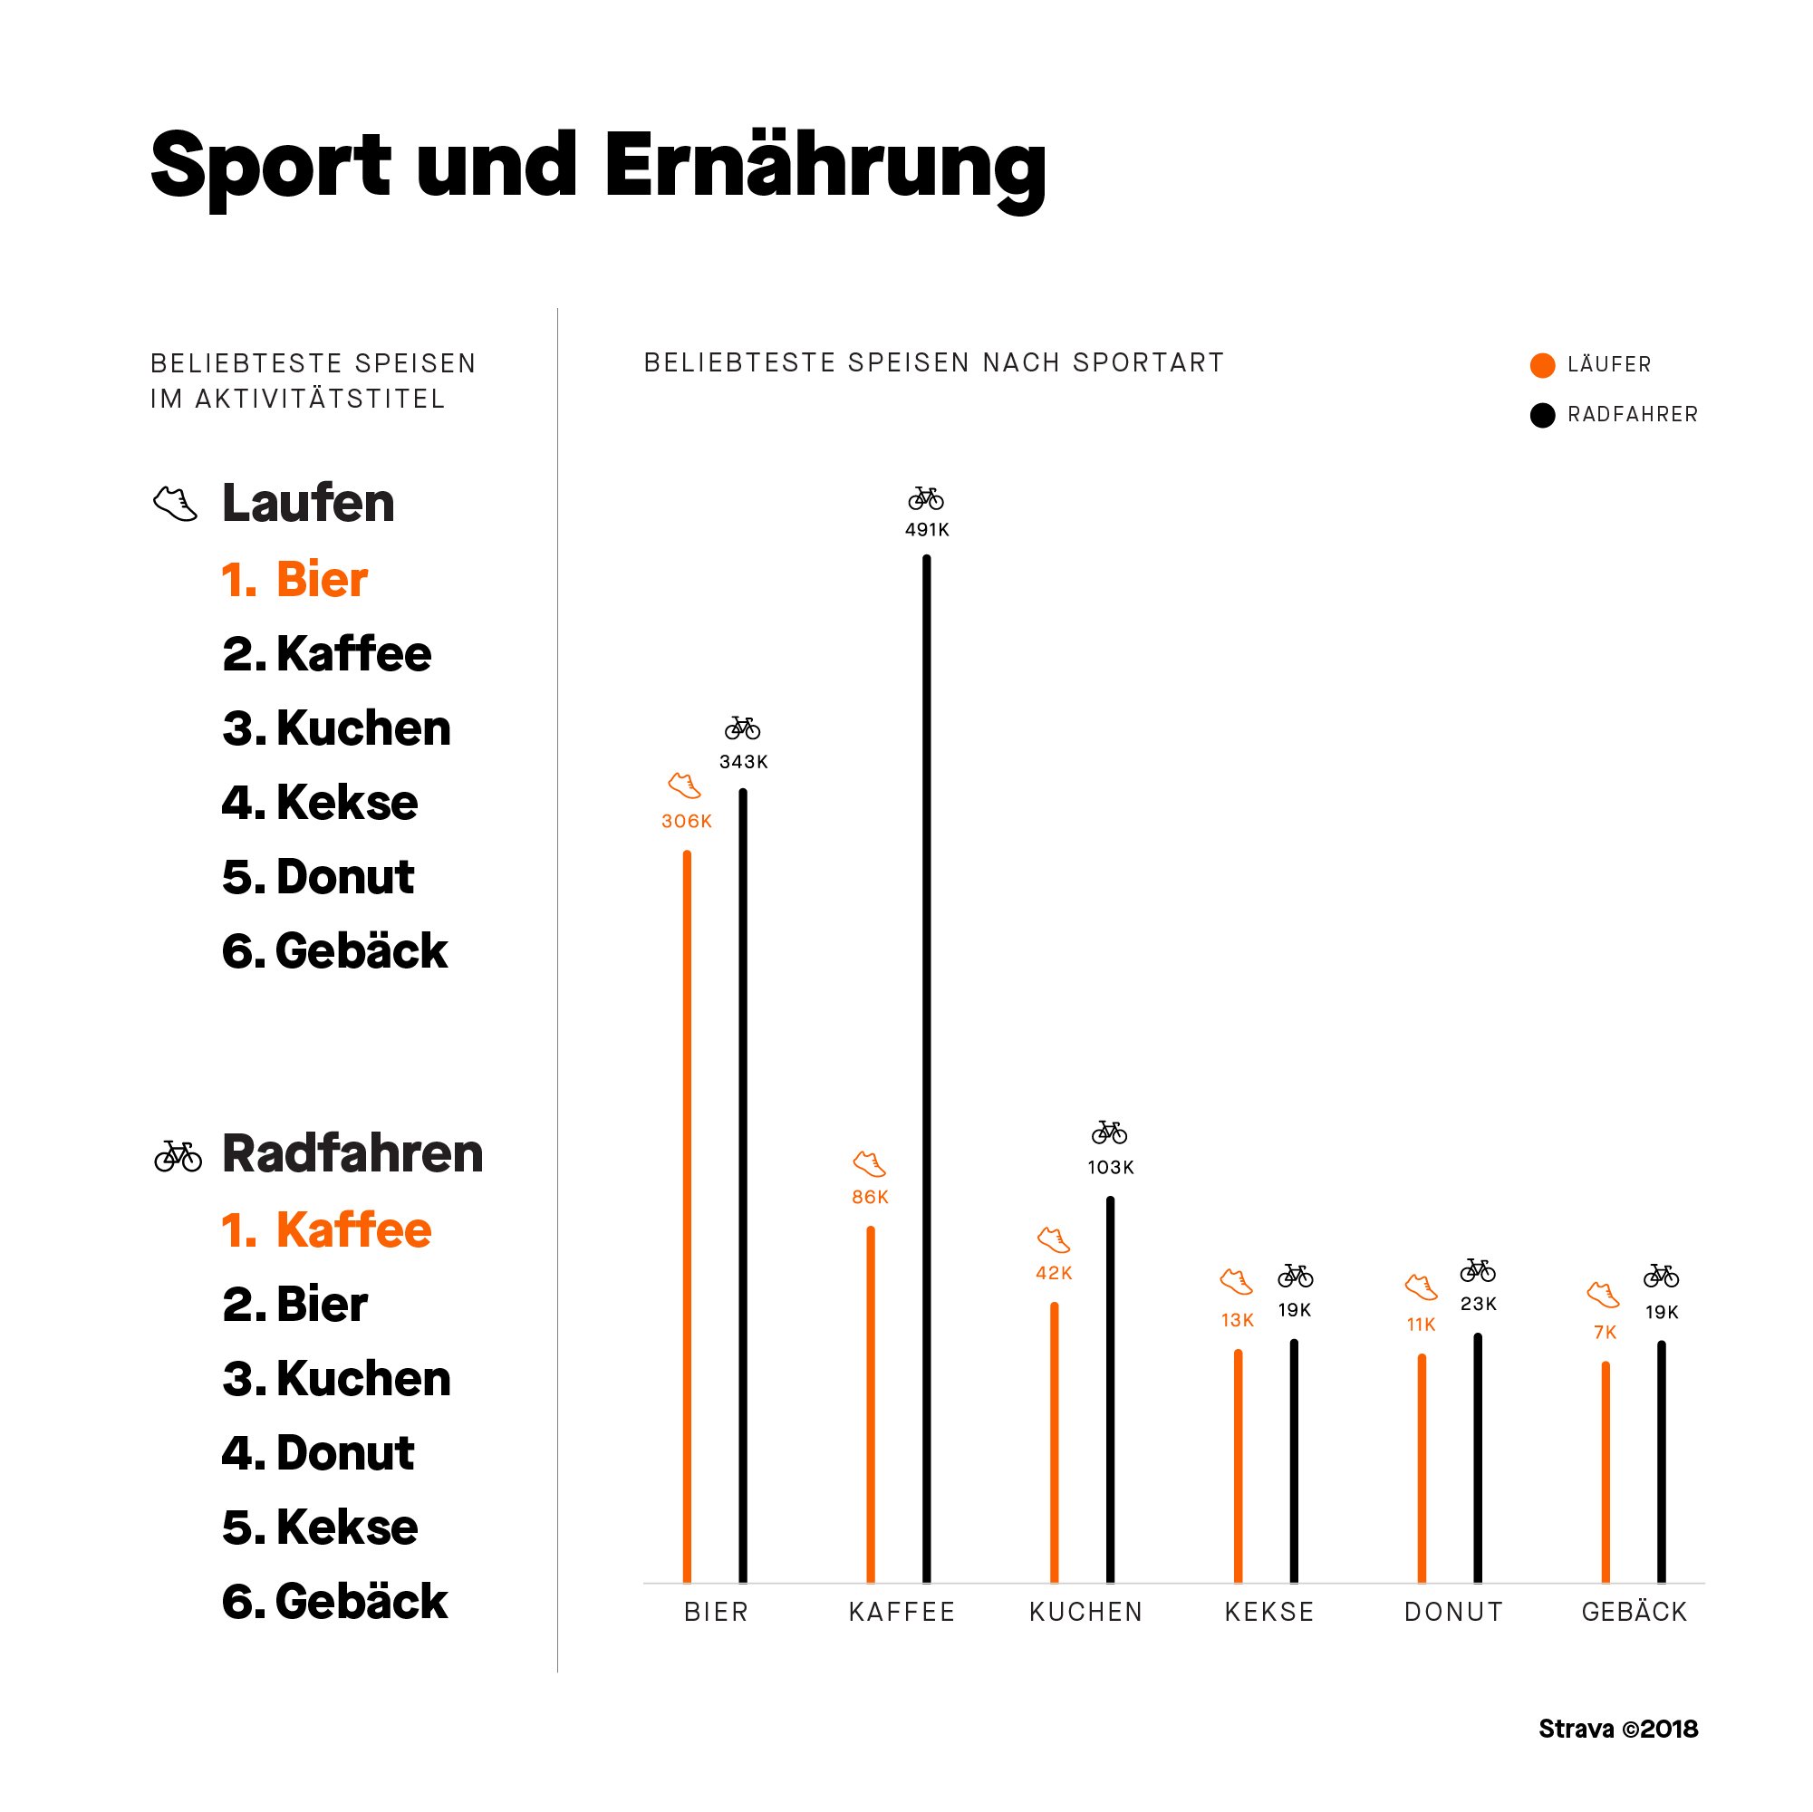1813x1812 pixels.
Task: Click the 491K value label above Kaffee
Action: (x=926, y=530)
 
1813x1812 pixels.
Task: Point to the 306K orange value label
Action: (x=687, y=822)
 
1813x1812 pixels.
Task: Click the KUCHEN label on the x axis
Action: (x=1085, y=1612)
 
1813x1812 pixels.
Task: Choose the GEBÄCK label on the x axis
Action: (x=1635, y=1612)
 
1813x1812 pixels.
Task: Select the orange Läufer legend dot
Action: (x=1542, y=366)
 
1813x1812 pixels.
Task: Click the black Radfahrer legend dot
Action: (x=1542, y=416)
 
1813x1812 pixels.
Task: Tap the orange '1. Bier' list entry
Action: (x=294, y=580)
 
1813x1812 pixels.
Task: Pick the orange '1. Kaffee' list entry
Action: (x=326, y=1230)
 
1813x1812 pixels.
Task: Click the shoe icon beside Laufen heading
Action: (x=176, y=504)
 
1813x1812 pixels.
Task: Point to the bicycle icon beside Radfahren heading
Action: (x=178, y=1156)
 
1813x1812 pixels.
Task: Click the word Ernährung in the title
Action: (x=825, y=167)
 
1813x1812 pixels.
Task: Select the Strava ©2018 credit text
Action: (x=1618, y=1730)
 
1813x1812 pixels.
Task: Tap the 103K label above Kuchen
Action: (x=1110, y=1168)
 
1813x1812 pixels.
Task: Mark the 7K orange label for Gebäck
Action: (x=1605, y=1333)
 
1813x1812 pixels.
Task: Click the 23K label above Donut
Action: (x=1478, y=1305)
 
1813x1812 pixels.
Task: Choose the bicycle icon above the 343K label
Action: (x=742, y=728)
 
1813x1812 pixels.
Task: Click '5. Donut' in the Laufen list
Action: (x=318, y=877)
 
